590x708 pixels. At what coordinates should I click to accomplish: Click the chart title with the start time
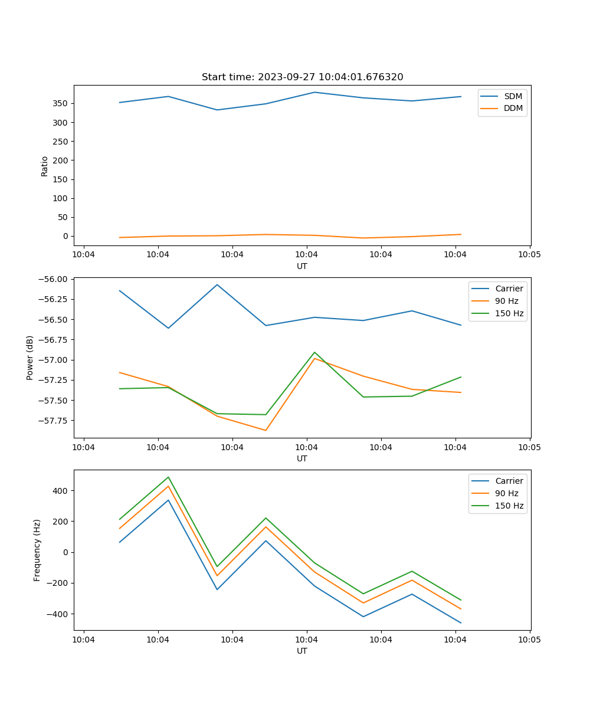click(x=302, y=77)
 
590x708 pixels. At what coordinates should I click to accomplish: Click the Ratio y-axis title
click(x=45, y=166)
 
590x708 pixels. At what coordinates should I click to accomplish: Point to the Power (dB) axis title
click(x=30, y=358)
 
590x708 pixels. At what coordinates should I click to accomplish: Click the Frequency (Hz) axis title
click(x=37, y=550)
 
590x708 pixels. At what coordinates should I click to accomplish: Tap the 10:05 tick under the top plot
click(x=529, y=254)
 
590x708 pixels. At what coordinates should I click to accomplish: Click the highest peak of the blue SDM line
click(x=314, y=92)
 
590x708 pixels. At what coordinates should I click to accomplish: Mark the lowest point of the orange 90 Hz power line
click(x=265, y=430)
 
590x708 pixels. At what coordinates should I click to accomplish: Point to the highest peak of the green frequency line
click(x=168, y=477)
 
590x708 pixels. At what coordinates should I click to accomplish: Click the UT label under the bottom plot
click(x=302, y=651)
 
